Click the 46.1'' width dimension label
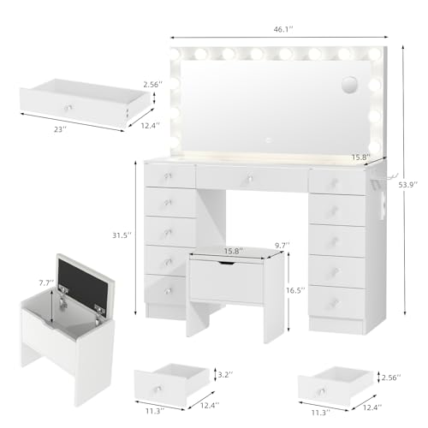coord(283,29)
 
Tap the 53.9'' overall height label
coord(408,185)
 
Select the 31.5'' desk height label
coord(122,235)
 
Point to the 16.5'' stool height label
coord(295,290)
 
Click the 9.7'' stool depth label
coord(282,245)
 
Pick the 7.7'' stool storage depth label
coord(46,282)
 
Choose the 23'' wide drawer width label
coord(60,129)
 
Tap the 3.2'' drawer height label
coord(225,375)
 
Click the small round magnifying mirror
coord(349,85)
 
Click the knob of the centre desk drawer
coord(250,178)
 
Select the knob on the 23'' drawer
coord(68,108)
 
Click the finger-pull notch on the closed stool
coord(227,263)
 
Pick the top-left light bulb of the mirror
coord(175,53)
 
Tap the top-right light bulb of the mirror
coord(375,54)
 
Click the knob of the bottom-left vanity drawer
coord(167,290)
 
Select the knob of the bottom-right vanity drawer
coord(334,302)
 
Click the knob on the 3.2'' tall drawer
coord(158,389)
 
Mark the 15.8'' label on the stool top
coord(234,251)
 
